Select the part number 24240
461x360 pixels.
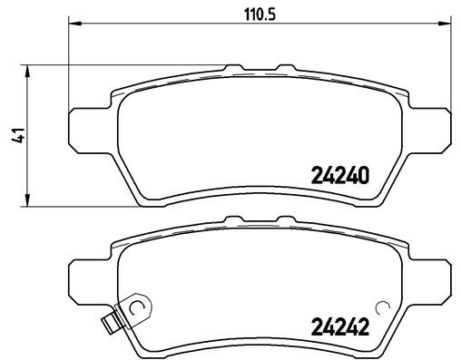click(x=339, y=176)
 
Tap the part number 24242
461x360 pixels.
click(x=339, y=326)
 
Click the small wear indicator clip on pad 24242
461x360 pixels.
click(x=113, y=319)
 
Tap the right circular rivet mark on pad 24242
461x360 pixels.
click(x=380, y=308)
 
